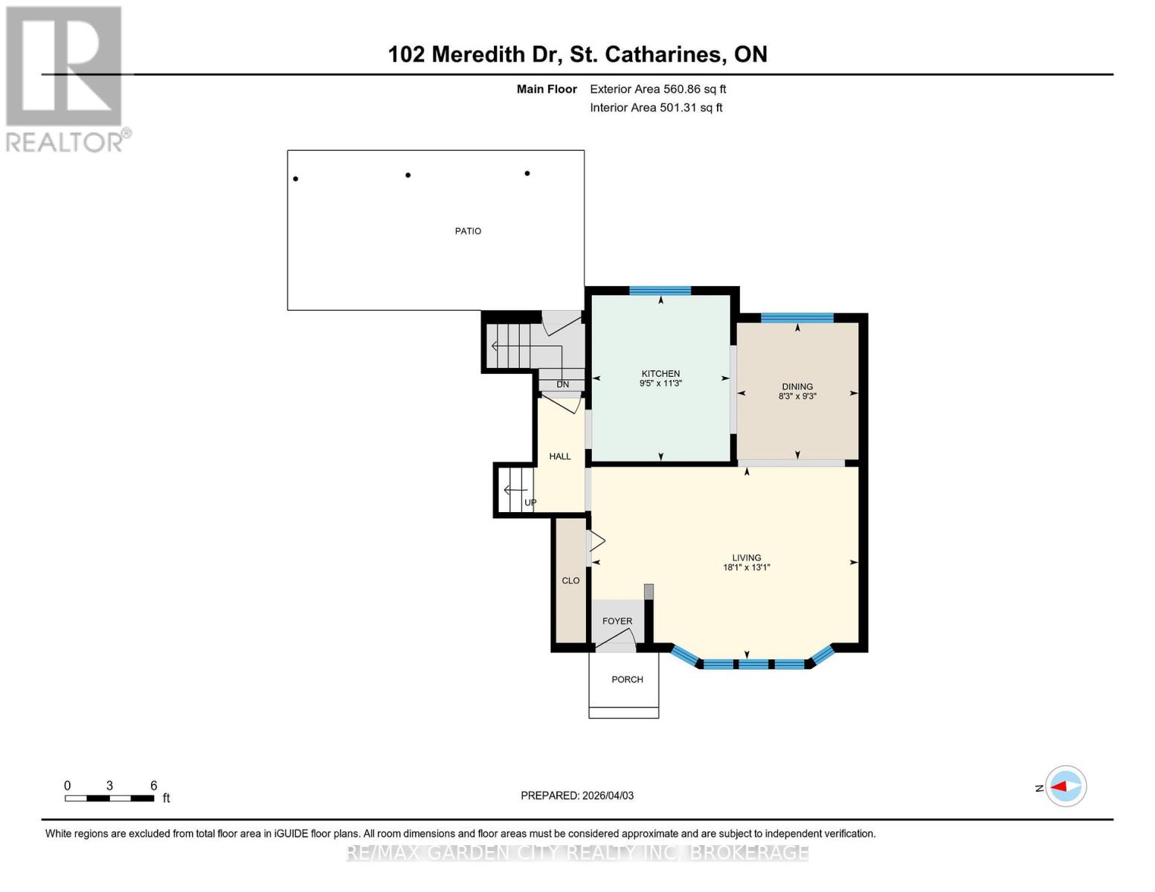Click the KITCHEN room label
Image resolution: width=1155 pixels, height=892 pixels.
[660, 374]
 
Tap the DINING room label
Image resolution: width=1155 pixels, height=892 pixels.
[797, 387]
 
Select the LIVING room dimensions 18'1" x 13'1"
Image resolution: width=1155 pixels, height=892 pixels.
[746, 568]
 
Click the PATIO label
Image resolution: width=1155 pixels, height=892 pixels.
[468, 231]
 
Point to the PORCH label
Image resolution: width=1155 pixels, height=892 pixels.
[627, 679]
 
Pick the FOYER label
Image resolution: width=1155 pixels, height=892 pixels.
[617, 621]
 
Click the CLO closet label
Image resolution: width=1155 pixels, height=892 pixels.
[570, 581]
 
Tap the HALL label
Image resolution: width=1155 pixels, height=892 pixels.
[560, 456]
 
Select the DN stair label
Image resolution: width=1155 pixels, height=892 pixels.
[562, 384]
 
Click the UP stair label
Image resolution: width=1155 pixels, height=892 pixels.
[530, 502]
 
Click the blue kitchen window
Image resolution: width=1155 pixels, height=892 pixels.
[660, 291]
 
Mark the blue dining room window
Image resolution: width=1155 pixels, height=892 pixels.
[797, 318]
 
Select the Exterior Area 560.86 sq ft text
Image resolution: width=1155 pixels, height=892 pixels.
[657, 89]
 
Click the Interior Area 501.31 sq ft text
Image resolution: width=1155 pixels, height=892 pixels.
[656, 108]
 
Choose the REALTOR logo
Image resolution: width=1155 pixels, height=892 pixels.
[65, 78]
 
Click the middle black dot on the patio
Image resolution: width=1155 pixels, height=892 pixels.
[408, 175]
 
